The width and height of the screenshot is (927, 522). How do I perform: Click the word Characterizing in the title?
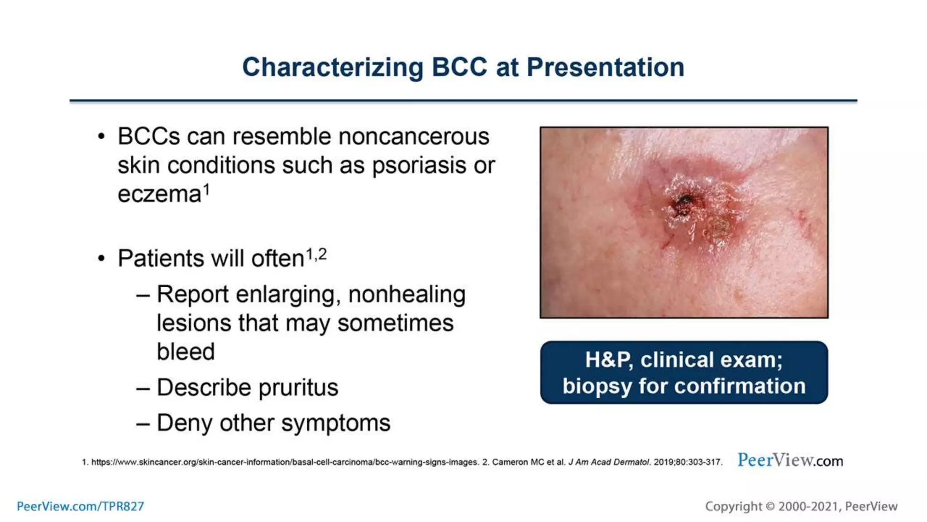click(333, 68)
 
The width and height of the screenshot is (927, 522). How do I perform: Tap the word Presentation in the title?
click(605, 68)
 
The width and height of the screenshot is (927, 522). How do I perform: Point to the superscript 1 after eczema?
click(206, 188)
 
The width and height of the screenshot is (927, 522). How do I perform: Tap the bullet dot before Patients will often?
click(101, 259)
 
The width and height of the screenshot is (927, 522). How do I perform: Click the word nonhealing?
click(406, 295)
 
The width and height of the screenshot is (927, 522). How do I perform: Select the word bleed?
click(186, 352)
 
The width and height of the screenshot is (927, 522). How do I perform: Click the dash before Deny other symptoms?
click(143, 424)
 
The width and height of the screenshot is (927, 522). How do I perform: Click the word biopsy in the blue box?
click(597, 387)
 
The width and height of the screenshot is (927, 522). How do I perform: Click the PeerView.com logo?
click(790, 461)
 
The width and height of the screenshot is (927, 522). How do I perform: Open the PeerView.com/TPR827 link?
click(81, 506)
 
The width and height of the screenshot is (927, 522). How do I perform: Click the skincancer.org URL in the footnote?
click(285, 462)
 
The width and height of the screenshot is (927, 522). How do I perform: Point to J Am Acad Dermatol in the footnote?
click(609, 462)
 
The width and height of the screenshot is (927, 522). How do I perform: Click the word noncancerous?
click(414, 137)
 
